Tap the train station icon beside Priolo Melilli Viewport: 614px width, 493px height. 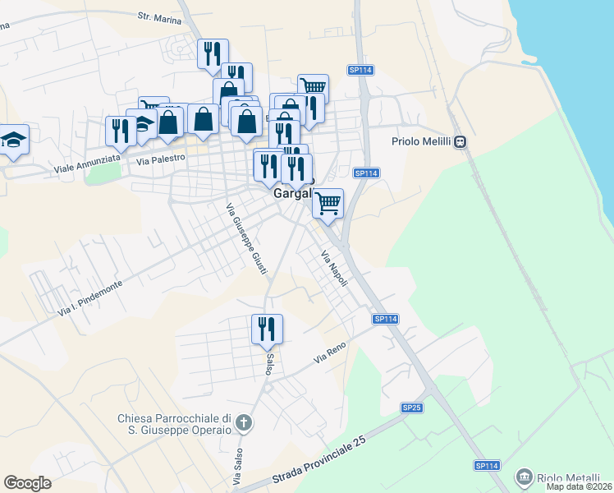[x=461, y=141]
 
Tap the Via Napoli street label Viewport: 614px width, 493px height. [x=334, y=269]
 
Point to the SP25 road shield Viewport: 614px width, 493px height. [x=411, y=408]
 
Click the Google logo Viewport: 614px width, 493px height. [x=27, y=483]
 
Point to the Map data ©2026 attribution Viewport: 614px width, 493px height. [x=579, y=486]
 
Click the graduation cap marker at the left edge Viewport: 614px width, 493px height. [x=13, y=140]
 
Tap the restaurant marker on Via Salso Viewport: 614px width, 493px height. [x=267, y=329]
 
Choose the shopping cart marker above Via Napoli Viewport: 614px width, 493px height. [x=328, y=203]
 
